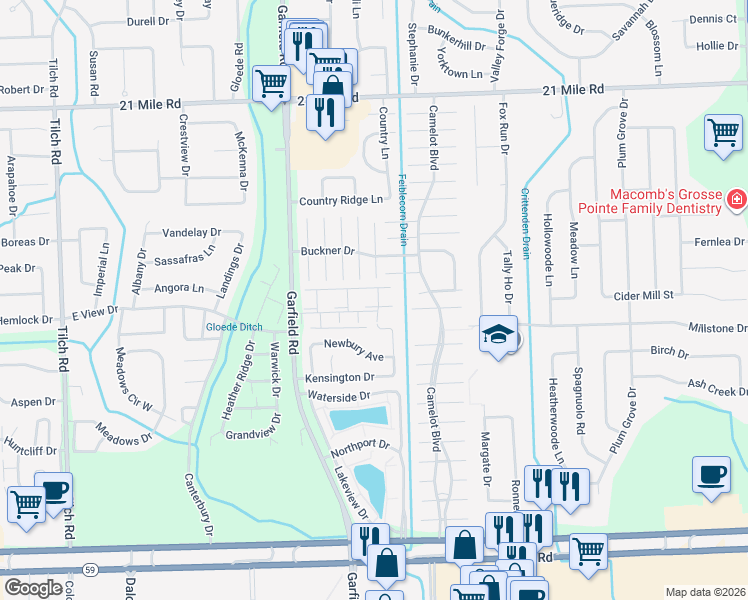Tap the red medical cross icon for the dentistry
(737, 200)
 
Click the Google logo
(33, 588)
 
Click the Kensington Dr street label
(340, 378)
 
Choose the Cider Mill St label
(643, 295)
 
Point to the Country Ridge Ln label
(342, 201)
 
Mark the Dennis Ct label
(712, 19)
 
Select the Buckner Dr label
(328, 251)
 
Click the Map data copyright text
(706, 592)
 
